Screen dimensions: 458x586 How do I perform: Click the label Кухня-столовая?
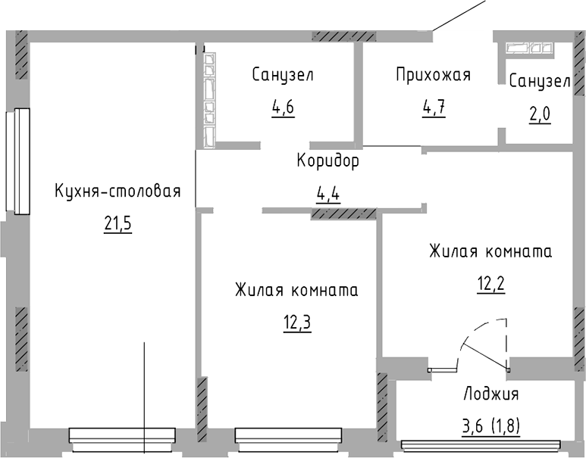117,191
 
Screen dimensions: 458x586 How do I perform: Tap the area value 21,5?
118,224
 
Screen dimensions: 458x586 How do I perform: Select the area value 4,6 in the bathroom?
283,107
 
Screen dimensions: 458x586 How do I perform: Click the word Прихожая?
433,74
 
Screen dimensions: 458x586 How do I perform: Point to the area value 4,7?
433,106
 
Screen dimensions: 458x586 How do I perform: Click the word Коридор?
327,161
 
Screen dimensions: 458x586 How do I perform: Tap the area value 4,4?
327,194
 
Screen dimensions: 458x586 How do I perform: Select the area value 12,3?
296,323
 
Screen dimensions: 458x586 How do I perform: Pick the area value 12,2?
490,284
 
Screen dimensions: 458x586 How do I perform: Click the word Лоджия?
490,394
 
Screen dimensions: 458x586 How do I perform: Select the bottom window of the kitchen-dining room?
121,435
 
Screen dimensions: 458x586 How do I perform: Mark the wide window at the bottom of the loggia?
481,445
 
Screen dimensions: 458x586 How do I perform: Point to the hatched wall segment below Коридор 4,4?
343,214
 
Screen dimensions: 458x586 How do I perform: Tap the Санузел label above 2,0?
539,81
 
